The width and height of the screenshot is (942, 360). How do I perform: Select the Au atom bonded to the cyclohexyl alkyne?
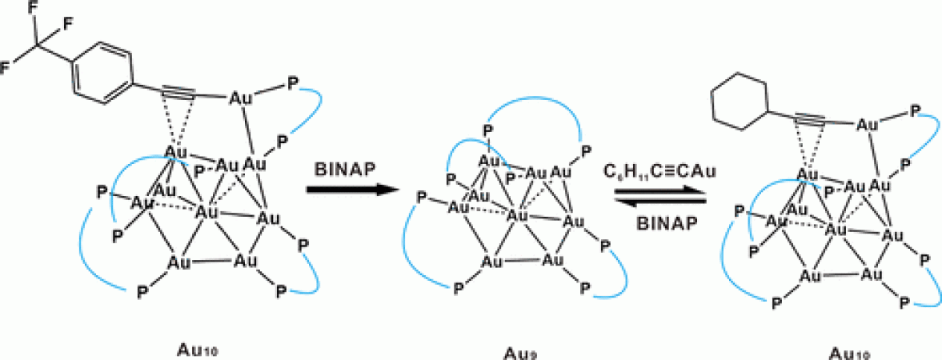pyautogui.click(x=866, y=124)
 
